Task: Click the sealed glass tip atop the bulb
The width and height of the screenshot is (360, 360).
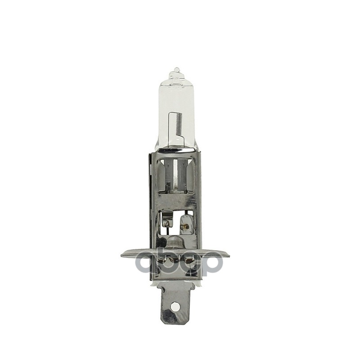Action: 176,71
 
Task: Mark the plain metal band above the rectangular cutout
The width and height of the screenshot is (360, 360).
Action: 175,200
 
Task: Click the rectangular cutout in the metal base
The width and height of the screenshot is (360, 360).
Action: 176,223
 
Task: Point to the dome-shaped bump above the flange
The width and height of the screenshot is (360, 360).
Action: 175,243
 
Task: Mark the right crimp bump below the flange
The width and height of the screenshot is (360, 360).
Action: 189,260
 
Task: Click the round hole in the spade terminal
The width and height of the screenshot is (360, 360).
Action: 175,306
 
